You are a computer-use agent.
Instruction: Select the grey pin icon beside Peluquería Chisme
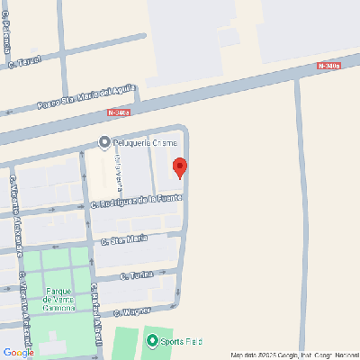tap(104, 142)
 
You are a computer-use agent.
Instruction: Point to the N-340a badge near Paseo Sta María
tap(119, 112)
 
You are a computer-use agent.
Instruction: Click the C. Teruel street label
tap(25, 61)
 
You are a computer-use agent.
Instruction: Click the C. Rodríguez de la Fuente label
tap(137, 201)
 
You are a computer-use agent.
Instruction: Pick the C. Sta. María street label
tap(124, 239)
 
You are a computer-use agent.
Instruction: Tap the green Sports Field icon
tap(152, 341)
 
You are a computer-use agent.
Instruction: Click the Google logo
tap(18, 352)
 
